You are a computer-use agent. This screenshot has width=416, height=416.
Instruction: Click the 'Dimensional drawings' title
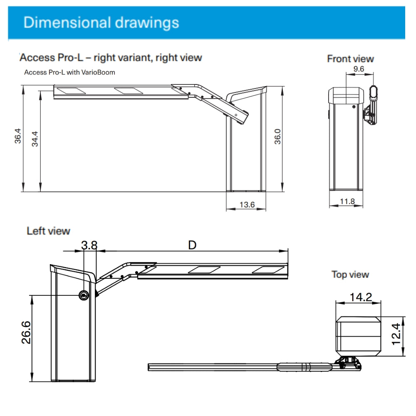click(x=101, y=22)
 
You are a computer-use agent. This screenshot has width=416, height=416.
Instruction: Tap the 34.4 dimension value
click(x=35, y=139)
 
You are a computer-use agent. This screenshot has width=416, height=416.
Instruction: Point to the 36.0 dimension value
click(x=277, y=136)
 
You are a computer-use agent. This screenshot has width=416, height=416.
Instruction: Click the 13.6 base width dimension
click(x=247, y=204)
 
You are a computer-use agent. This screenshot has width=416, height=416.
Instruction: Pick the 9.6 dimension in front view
click(x=359, y=69)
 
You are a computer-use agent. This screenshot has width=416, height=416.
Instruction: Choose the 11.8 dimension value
click(x=347, y=202)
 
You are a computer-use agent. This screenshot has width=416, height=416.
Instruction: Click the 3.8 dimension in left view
click(x=89, y=245)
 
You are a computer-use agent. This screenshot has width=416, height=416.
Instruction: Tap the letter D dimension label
click(x=192, y=245)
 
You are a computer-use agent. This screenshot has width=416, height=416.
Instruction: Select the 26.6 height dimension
click(x=26, y=332)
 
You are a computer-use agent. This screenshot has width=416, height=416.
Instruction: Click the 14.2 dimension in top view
click(x=361, y=297)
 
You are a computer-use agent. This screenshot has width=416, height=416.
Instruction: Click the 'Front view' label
click(x=350, y=59)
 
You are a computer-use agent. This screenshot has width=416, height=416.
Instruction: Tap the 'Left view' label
click(x=48, y=230)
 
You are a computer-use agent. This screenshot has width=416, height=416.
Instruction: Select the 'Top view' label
click(x=350, y=275)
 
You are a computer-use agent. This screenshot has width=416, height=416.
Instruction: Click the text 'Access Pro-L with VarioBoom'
click(x=69, y=72)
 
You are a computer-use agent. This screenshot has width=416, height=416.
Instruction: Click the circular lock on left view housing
click(x=84, y=295)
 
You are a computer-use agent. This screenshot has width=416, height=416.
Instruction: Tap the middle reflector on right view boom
click(x=128, y=89)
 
